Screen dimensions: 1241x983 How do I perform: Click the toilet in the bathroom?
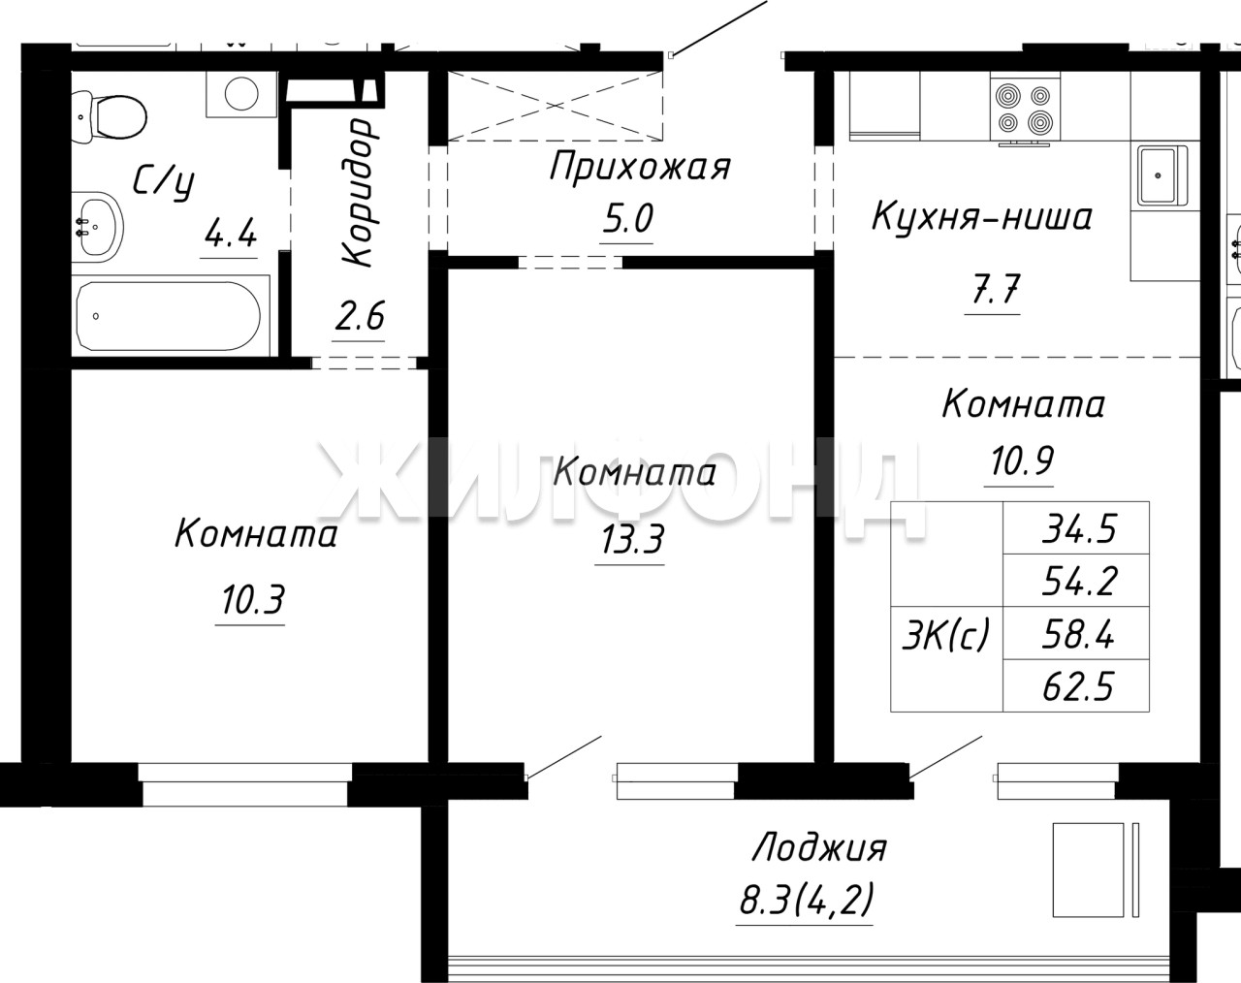click(110, 118)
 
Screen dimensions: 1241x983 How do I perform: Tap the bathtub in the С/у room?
click(170, 316)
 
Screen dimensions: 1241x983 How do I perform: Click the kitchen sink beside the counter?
click(1161, 175)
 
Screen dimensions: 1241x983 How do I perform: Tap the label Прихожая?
click(640, 167)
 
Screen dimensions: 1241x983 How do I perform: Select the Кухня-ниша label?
click(982, 217)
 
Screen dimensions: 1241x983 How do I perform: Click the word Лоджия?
click(819, 847)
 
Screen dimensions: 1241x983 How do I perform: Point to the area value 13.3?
click(632, 539)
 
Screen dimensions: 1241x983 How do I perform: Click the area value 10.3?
click(252, 600)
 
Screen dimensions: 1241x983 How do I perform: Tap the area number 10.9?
click(1022, 460)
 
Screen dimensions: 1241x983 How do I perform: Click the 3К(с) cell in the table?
click(946, 635)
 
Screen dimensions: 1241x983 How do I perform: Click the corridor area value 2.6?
click(359, 316)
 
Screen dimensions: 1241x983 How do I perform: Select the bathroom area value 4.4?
click(230, 234)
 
